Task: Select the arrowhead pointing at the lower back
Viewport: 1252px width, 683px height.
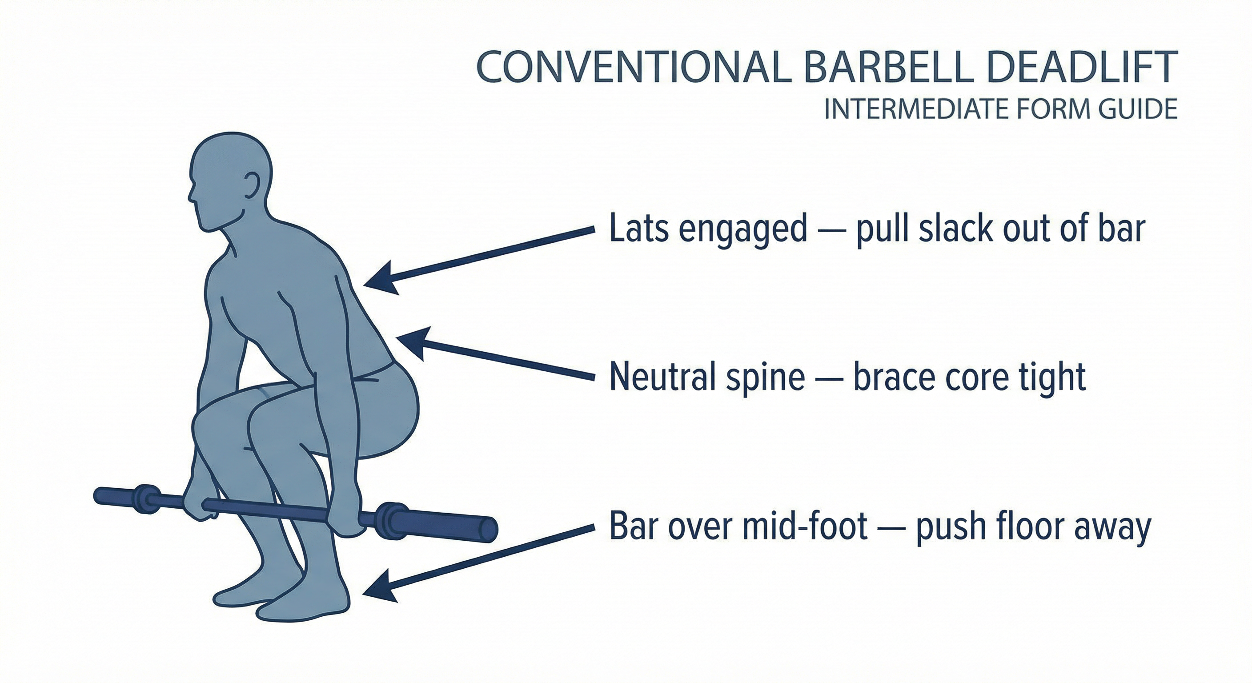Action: [x=413, y=342]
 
